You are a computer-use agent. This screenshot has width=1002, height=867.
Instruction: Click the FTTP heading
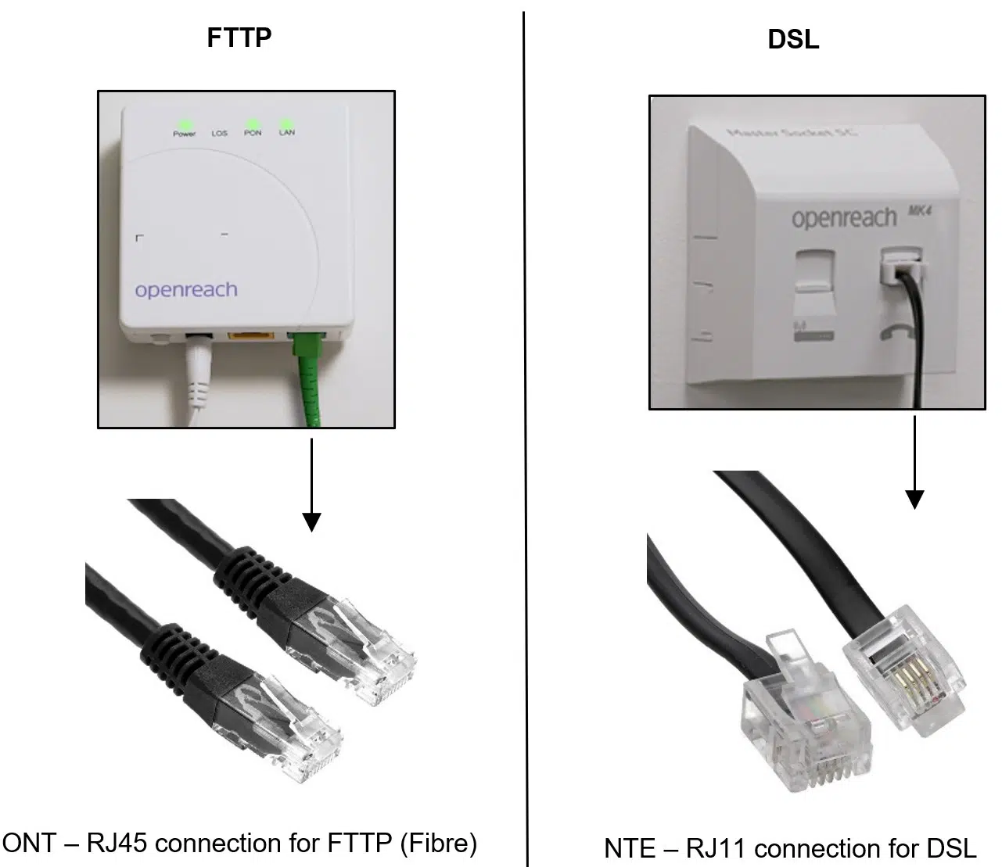pyautogui.click(x=239, y=38)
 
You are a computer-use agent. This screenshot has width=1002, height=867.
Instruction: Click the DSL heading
pyautogui.click(x=793, y=40)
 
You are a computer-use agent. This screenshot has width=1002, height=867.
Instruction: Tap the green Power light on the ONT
pyautogui.click(x=185, y=124)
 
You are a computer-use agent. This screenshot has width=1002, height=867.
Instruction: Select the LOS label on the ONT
pyautogui.click(x=219, y=134)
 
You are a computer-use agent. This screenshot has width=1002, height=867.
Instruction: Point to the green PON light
pyautogui.click(x=253, y=124)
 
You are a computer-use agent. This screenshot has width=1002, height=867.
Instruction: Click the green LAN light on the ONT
pyautogui.click(x=286, y=124)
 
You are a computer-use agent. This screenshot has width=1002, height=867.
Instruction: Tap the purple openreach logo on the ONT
pyautogui.click(x=186, y=290)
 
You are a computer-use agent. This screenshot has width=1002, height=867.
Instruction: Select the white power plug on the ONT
pyautogui.click(x=196, y=367)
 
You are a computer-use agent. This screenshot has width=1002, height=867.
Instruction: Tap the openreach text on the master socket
pyautogui.click(x=843, y=218)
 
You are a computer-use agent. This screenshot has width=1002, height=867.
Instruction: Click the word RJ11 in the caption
pyautogui.click(x=719, y=848)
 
